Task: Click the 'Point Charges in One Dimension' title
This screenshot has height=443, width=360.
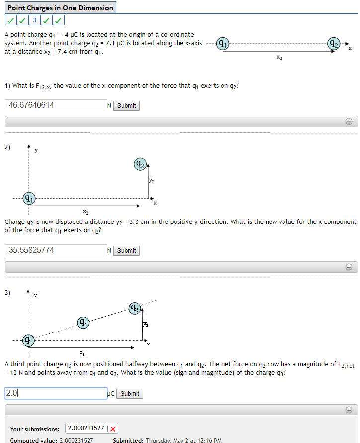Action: pos(60,7)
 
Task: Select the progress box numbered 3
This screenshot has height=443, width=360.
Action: pos(34,20)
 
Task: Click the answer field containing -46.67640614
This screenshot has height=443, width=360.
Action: pos(55,105)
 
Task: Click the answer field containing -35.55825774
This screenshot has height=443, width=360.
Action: pos(55,250)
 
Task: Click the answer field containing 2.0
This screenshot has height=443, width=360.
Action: pos(56,393)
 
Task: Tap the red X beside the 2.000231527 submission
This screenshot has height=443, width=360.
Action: pos(113,429)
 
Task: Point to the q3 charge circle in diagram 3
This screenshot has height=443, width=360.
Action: pos(84,323)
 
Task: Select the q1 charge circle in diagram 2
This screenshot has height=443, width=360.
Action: pos(29,198)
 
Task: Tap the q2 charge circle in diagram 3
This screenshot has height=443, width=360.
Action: pos(135,308)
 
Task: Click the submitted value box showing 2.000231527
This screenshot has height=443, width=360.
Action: pos(86,429)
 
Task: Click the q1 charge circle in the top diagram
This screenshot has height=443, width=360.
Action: pos(223,44)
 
